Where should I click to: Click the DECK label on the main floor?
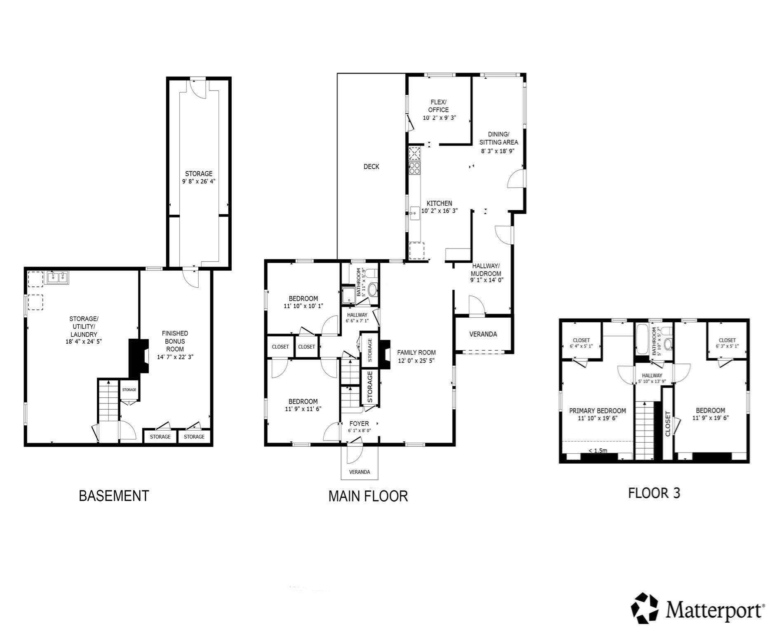[x=371, y=166]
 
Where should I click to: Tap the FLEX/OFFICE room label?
[x=438, y=106]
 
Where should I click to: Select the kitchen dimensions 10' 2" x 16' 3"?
[x=439, y=211]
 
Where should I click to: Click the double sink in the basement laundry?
[x=57, y=277]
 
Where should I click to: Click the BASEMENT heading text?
[x=114, y=496]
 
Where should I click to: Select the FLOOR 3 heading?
[x=654, y=493]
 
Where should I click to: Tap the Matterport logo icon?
[x=645, y=608]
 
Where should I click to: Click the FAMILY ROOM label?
[x=416, y=352]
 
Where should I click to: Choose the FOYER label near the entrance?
[x=359, y=424]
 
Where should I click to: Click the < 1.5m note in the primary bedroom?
[x=598, y=450]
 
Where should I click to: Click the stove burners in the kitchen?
[x=414, y=168]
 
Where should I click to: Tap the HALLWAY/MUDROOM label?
[x=486, y=270]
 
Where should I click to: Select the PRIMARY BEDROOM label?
[x=597, y=411]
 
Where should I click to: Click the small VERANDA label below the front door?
[x=359, y=472]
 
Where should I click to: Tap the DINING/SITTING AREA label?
[x=498, y=138]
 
